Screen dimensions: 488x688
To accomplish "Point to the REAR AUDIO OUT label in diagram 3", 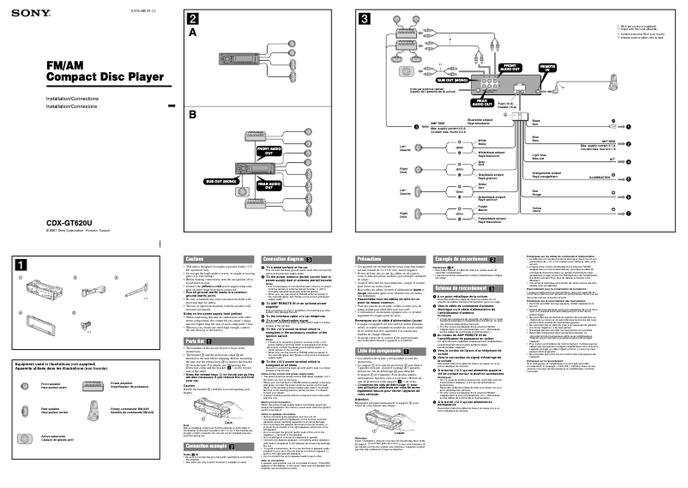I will coord(484,104).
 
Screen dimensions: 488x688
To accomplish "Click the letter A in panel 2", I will coord(193,32).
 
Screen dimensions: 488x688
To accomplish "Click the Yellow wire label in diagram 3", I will coord(537,208).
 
